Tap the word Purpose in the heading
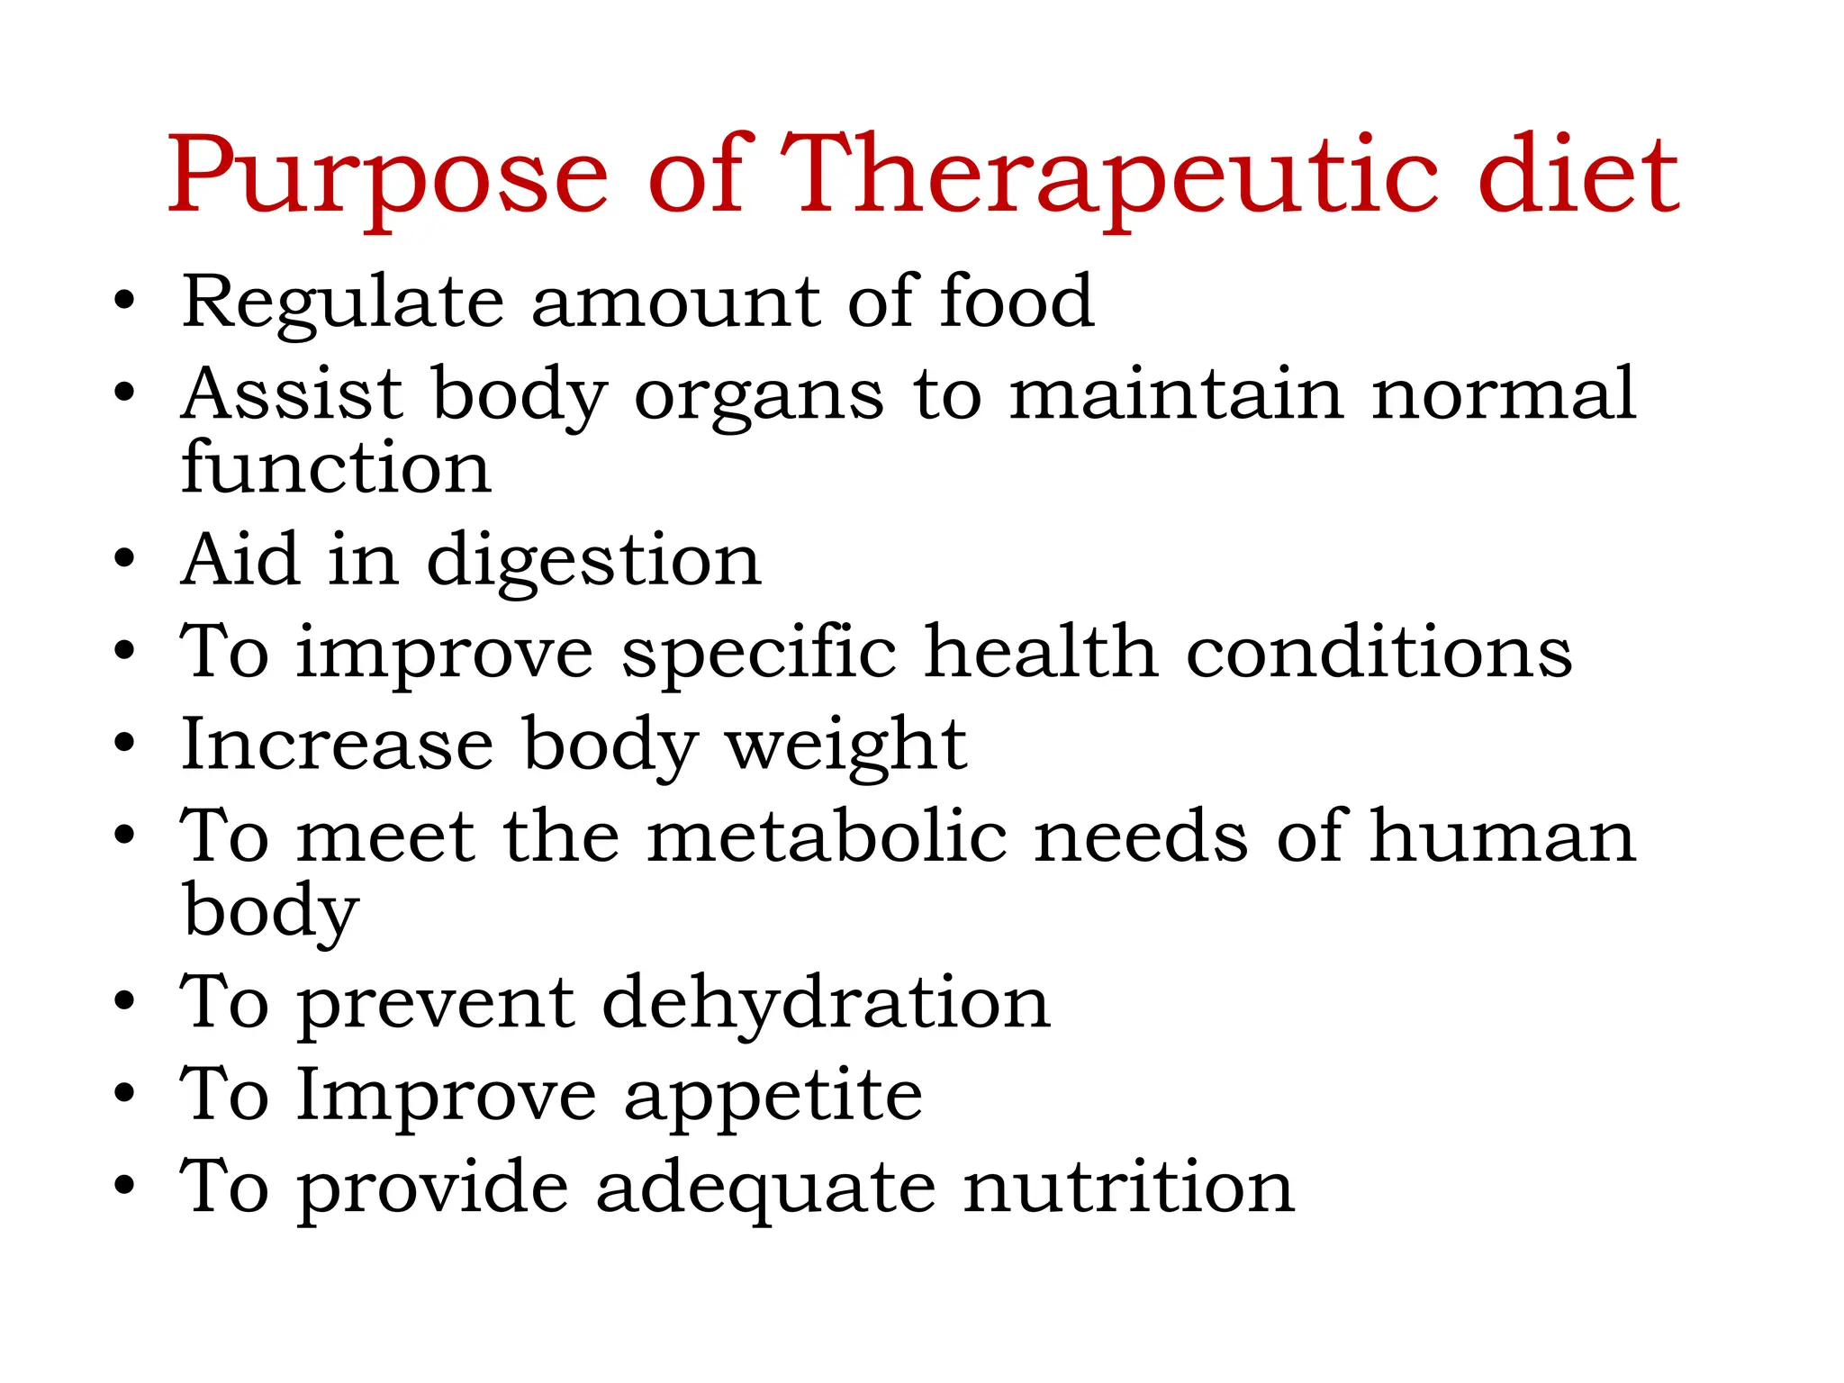[388, 177]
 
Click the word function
[336, 467]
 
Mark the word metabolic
[827, 836]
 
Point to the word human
[1502, 836]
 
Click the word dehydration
[826, 1005]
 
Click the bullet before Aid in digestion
[124, 559]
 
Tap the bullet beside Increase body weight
[124, 745]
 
